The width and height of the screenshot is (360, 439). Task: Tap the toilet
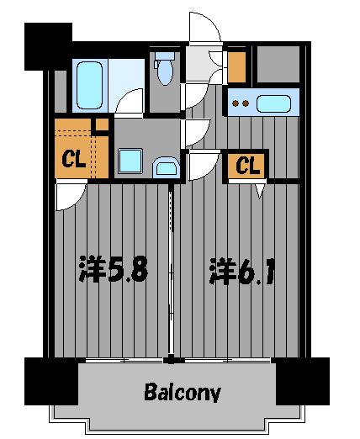point(164,69)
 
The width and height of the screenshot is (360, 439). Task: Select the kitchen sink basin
point(273,105)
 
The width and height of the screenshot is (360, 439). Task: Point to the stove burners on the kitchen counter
point(241,104)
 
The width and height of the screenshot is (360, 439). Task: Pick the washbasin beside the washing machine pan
point(166,166)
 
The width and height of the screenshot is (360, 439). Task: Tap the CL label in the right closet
point(246,166)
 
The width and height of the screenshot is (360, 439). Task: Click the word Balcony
point(182,392)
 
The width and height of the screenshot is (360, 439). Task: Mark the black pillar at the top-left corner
point(47,47)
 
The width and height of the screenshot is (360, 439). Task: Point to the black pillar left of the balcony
point(51,379)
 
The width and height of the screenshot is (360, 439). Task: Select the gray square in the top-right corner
point(276,64)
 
